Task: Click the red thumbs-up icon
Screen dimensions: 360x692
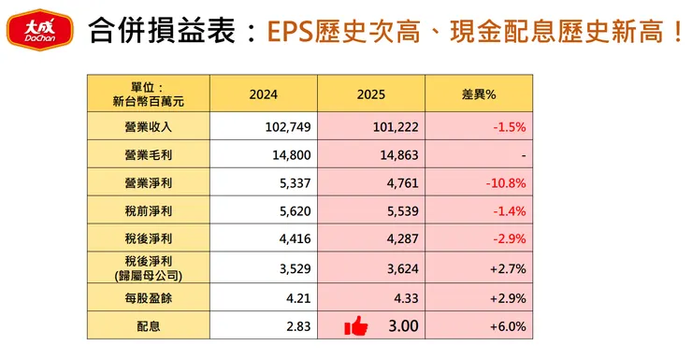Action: (x=355, y=326)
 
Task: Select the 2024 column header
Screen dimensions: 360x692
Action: (x=264, y=94)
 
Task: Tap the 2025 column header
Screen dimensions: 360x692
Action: (x=371, y=94)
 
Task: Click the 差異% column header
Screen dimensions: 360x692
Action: (x=479, y=94)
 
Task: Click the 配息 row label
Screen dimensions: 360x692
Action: (x=149, y=325)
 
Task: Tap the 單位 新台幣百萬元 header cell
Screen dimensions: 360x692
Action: (x=149, y=94)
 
